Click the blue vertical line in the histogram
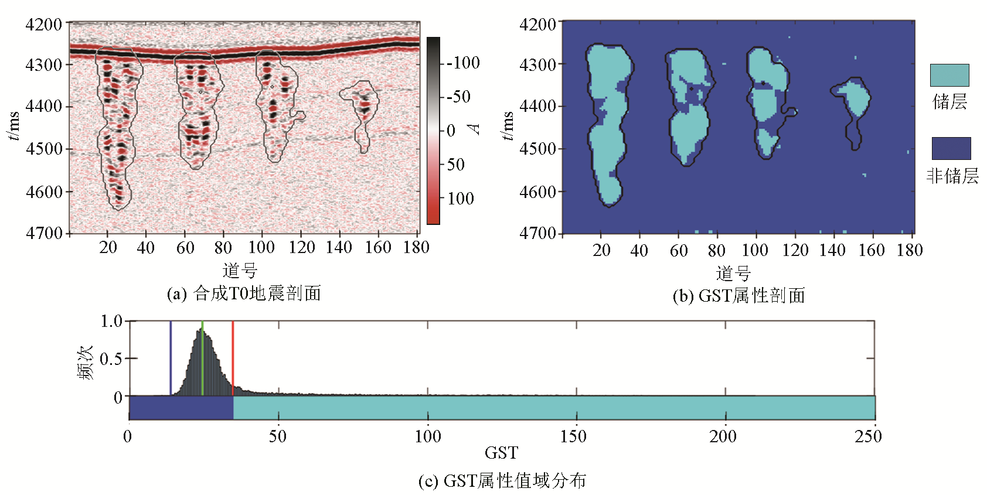(171, 357)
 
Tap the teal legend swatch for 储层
(949, 76)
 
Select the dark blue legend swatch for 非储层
(951, 148)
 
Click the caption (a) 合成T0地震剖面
(244, 293)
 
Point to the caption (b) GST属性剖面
(738, 296)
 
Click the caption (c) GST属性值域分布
(502, 481)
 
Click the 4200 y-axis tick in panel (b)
(537, 25)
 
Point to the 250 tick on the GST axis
(868, 436)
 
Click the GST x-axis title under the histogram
(501, 453)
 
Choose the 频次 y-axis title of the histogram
(86, 363)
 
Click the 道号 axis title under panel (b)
(733, 273)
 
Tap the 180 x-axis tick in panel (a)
(416, 248)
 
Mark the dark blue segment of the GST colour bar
(181, 408)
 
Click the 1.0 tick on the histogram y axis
(111, 321)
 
